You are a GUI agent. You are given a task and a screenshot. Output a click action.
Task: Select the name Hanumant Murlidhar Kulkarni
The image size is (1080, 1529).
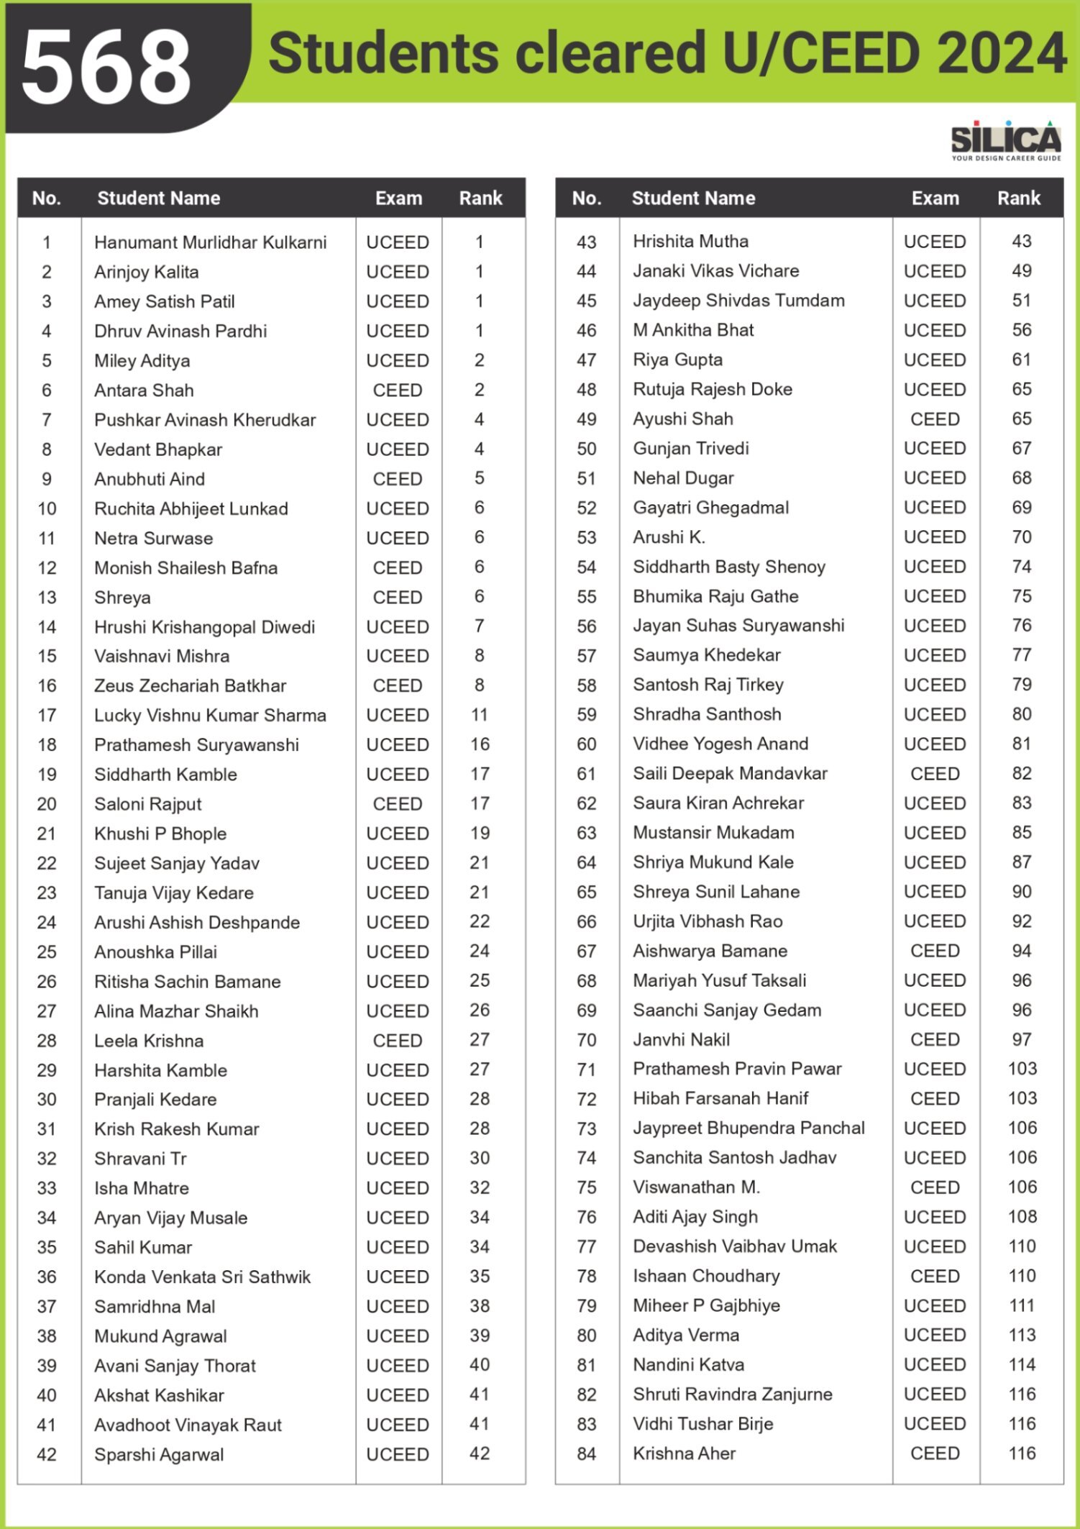(x=210, y=242)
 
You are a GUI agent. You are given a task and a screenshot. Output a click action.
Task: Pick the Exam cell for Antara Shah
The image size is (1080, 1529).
(x=397, y=391)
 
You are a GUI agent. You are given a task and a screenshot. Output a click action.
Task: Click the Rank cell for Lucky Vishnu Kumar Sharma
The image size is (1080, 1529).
(x=480, y=715)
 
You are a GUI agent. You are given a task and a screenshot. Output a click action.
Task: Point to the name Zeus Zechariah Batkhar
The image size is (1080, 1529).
(x=190, y=685)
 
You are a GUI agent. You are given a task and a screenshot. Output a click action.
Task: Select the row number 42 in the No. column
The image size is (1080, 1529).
(x=47, y=1454)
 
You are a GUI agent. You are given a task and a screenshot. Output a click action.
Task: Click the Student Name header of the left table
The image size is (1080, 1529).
(x=158, y=198)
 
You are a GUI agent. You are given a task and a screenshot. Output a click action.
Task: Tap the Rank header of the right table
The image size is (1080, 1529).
(x=1018, y=198)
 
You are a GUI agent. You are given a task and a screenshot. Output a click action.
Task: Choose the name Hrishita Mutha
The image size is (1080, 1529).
(x=690, y=242)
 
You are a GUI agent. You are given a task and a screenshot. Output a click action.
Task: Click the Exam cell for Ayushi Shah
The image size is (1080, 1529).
(x=935, y=419)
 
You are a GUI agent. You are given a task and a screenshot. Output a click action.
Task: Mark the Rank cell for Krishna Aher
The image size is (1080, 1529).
(x=1022, y=1453)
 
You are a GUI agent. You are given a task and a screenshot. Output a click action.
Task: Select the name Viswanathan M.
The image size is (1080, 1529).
(x=696, y=1187)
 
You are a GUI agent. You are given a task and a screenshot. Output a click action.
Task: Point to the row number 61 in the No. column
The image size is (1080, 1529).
(x=586, y=774)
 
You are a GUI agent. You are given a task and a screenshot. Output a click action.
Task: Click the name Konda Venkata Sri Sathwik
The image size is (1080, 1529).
(x=202, y=1277)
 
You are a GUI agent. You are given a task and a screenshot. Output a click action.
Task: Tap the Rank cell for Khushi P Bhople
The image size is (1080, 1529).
(x=480, y=834)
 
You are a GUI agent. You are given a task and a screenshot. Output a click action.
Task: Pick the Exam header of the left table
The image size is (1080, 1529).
(x=398, y=198)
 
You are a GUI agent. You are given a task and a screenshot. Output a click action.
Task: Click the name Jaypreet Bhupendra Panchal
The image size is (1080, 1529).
(x=749, y=1128)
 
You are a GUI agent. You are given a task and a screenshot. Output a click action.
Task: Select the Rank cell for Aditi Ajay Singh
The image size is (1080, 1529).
(x=1022, y=1217)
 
